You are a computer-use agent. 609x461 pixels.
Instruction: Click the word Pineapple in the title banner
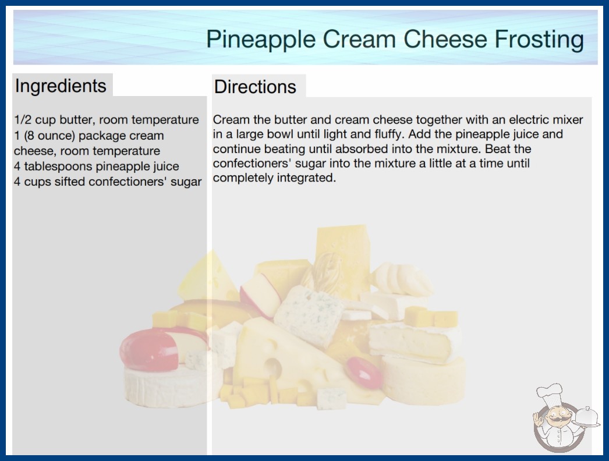[x=261, y=40]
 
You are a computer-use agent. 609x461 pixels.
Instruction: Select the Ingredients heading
[x=61, y=86]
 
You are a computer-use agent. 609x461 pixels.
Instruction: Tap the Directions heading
[x=255, y=87]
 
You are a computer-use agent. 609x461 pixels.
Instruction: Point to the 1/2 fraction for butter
[x=23, y=120]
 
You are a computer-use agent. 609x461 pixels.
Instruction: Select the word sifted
[x=70, y=182]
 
